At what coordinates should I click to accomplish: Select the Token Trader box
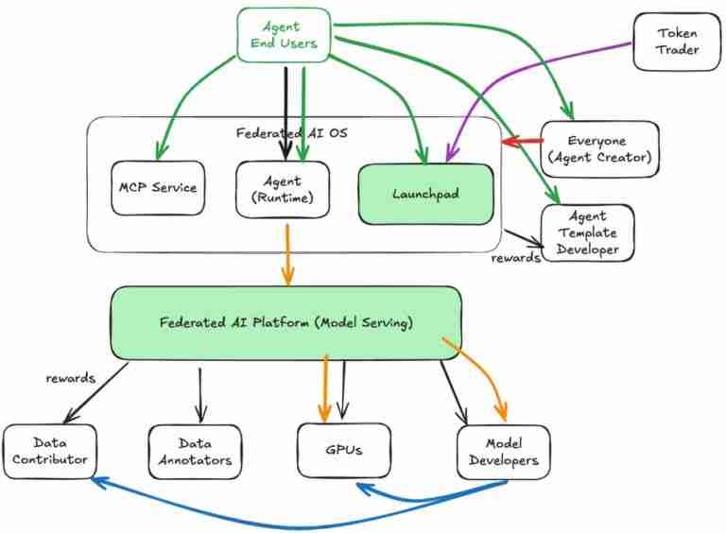point(677,41)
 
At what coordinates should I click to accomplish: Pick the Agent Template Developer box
point(587,232)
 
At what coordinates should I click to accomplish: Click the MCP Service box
point(157,187)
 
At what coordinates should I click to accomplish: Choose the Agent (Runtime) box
point(283,188)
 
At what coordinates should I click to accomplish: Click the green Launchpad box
point(424,194)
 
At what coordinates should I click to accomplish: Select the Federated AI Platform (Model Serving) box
point(286,323)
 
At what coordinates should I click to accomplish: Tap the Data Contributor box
point(49,451)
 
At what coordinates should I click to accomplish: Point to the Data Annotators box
point(196,451)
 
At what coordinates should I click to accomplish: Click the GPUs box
point(344,450)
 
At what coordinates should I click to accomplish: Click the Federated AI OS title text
point(291,133)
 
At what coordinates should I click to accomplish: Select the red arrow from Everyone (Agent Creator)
point(518,142)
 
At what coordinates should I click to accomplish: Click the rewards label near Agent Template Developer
point(516,257)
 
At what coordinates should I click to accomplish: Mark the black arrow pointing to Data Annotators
point(199,392)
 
